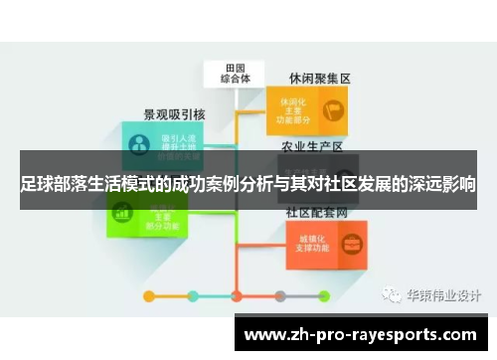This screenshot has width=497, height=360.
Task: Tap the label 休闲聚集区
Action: click(x=319, y=77)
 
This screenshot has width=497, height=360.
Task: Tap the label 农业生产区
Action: click(x=315, y=147)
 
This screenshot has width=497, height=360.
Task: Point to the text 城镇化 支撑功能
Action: click(x=304, y=244)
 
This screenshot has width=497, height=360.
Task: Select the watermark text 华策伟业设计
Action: click(x=442, y=295)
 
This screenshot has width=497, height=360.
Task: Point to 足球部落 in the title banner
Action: click(x=49, y=185)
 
